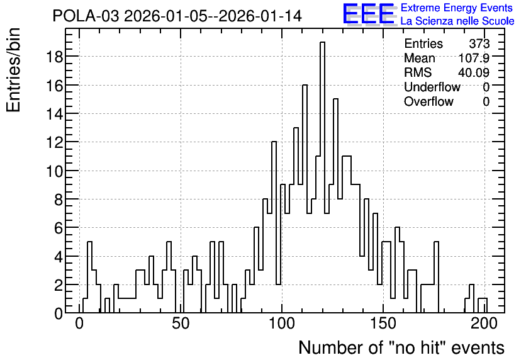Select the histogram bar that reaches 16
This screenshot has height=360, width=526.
(x=305, y=199)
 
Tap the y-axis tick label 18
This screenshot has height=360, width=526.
(x=54, y=57)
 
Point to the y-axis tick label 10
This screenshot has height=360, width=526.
(x=54, y=171)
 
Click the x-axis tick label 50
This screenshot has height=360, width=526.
(x=181, y=323)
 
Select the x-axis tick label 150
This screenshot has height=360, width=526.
(x=383, y=323)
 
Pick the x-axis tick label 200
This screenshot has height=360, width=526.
(x=484, y=323)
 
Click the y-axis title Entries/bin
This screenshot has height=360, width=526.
(x=14, y=70)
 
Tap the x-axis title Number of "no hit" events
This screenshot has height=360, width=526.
(x=401, y=347)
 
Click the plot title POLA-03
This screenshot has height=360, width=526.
(x=86, y=16)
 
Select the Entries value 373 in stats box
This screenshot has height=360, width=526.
(x=479, y=43)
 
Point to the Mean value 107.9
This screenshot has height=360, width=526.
(x=474, y=58)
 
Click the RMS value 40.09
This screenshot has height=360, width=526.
(x=474, y=72)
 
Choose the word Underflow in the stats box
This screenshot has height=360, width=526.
(x=432, y=87)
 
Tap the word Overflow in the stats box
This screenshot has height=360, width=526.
(x=428, y=101)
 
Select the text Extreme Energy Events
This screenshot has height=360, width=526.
(x=457, y=8)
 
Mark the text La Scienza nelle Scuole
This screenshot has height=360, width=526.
(x=457, y=21)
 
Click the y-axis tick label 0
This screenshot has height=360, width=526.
(x=59, y=313)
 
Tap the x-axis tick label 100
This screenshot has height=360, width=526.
(x=282, y=323)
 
